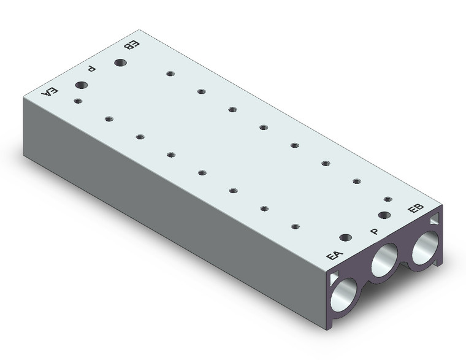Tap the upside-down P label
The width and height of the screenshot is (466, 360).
(92, 69)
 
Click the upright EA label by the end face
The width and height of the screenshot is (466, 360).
(335, 255)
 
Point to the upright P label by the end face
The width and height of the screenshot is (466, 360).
(375, 231)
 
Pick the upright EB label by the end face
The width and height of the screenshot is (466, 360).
(416, 208)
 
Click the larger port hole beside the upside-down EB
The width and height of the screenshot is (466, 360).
(120, 63)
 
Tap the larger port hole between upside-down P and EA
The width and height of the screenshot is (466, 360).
(82, 85)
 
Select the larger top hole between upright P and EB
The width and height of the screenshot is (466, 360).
(384, 215)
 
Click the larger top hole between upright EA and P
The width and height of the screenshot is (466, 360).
(346, 237)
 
